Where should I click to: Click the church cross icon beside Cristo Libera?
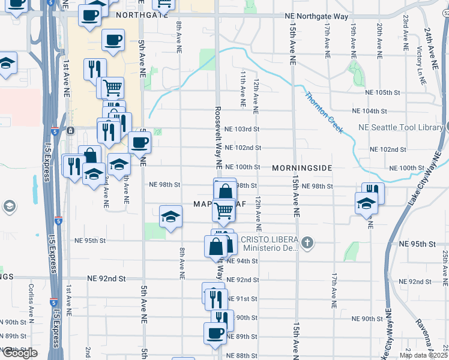(x=307, y=243)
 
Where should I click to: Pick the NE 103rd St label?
(x=242, y=129)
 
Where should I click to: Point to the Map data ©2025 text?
(x=423, y=355)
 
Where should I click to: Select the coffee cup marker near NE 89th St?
(x=214, y=332)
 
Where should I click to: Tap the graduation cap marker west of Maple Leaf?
(x=171, y=216)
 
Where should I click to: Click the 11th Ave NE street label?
(x=243, y=88)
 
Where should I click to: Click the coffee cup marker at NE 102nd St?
(x=139, y=143)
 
